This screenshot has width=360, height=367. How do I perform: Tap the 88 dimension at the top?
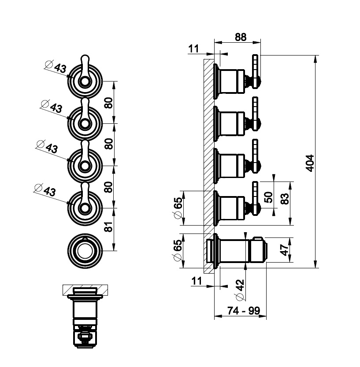click(240, 37)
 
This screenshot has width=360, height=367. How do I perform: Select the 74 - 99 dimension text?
click(240, 311)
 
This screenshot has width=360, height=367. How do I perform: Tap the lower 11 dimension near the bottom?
click(197, 280)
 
